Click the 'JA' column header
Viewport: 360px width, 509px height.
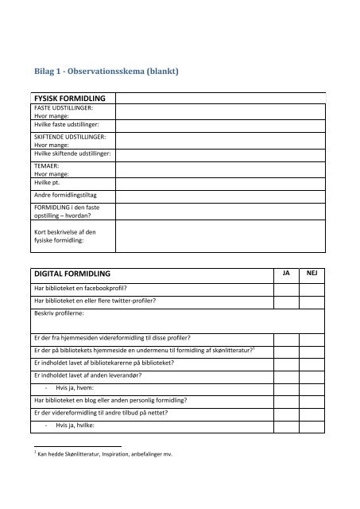pos(287,272)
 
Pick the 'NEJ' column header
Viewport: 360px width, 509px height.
pos(312,272)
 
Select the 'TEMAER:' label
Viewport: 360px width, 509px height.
pos(46,165)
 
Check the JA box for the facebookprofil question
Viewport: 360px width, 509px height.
pos(287,287)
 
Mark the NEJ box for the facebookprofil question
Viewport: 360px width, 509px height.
pos(312,287)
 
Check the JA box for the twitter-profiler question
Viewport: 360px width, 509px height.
pos(287,301)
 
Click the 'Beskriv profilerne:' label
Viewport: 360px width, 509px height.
pos(60,314)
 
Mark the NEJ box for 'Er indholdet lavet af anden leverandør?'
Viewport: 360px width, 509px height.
pos(312,376)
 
